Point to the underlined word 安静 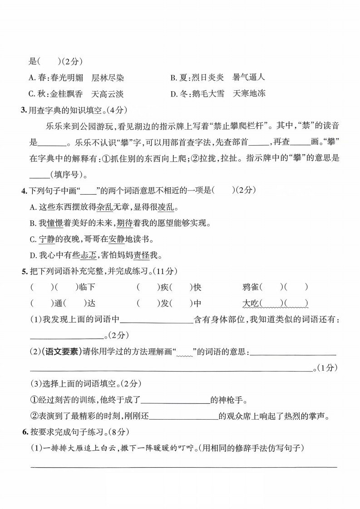[x=117, y=239]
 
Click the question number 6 [x=25, y=432]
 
